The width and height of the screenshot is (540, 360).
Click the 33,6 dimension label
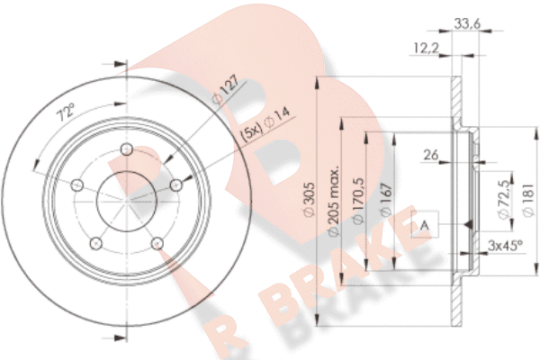[467, 23]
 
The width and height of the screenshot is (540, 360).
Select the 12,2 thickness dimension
[427, 48]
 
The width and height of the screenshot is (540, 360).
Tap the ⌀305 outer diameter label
[309, 200]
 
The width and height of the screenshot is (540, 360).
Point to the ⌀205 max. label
[333, 202]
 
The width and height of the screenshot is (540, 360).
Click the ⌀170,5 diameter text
[358, 202]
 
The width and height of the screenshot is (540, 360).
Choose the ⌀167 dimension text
[386, 200]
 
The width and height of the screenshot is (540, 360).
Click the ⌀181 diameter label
[528, 200]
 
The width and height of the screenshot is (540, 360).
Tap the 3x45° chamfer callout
[505, 246]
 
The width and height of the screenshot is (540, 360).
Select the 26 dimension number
[431, 155]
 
